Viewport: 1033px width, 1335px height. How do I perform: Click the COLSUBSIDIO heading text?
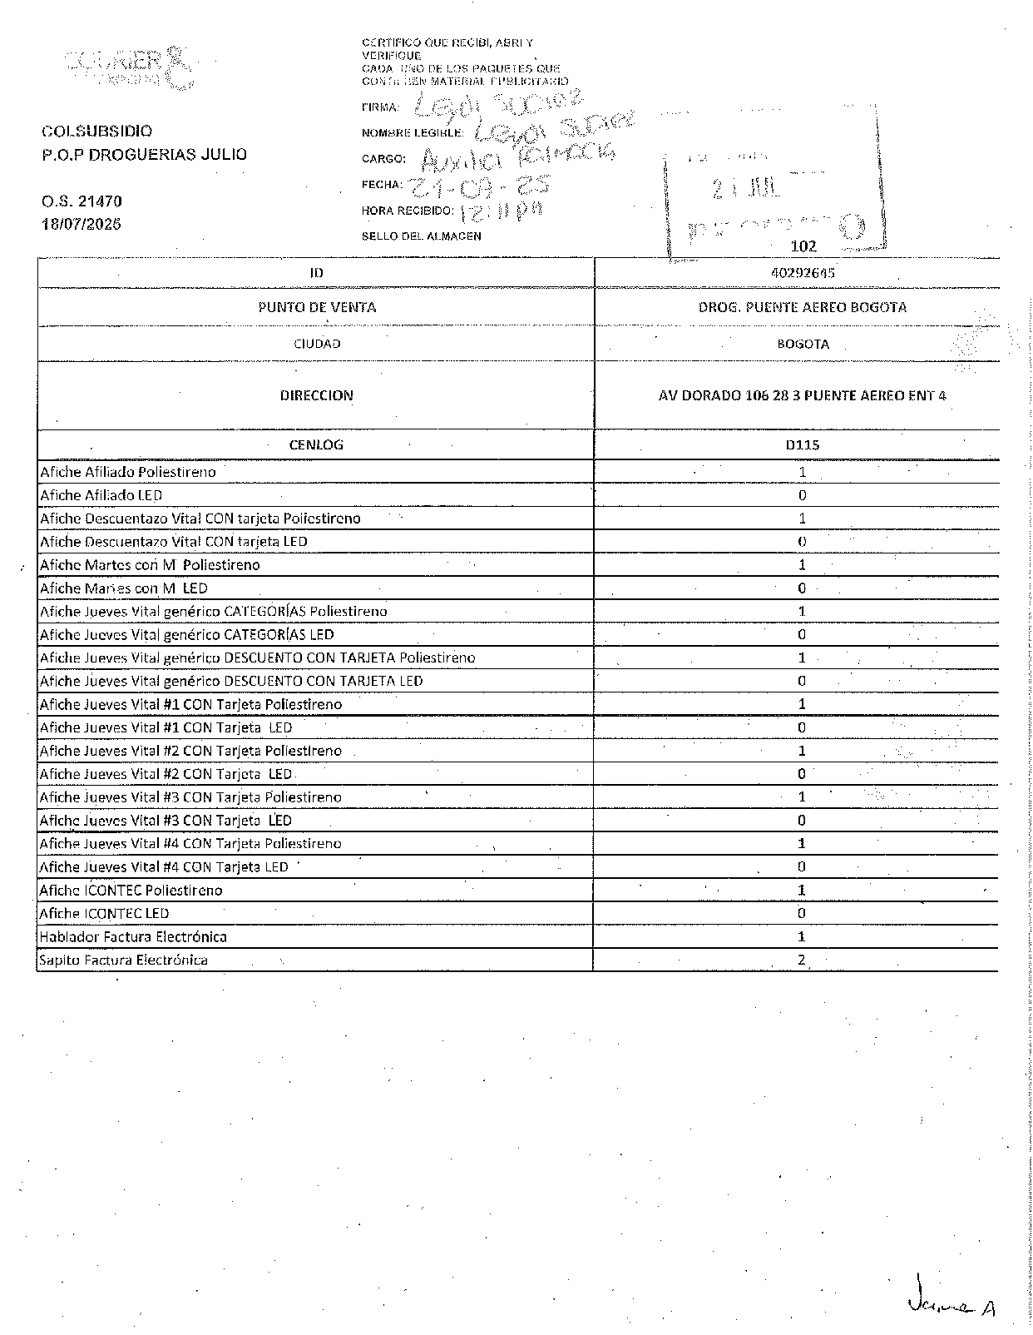coord(97,132)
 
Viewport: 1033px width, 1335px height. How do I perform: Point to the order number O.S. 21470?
coord(82,201)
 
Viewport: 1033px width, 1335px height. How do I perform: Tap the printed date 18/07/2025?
coord(82,224)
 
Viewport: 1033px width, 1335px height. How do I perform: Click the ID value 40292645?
coord(803,273)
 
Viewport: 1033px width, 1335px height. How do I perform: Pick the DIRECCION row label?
coord(316,395)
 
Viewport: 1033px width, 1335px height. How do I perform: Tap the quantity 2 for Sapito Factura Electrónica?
coord(802,960)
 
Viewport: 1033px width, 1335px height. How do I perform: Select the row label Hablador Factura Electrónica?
coord(133,936)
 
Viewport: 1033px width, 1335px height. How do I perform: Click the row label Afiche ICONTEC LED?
coord(104,913)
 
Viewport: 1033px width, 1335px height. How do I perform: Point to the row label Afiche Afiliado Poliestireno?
coord(128,472)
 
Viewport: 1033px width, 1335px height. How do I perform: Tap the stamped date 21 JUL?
coord(747,189)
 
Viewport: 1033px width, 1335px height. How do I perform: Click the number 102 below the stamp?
coord(803,246)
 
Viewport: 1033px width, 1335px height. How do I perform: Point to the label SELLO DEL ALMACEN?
coord(422,236)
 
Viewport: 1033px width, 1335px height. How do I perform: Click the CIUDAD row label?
coord(317,344)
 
